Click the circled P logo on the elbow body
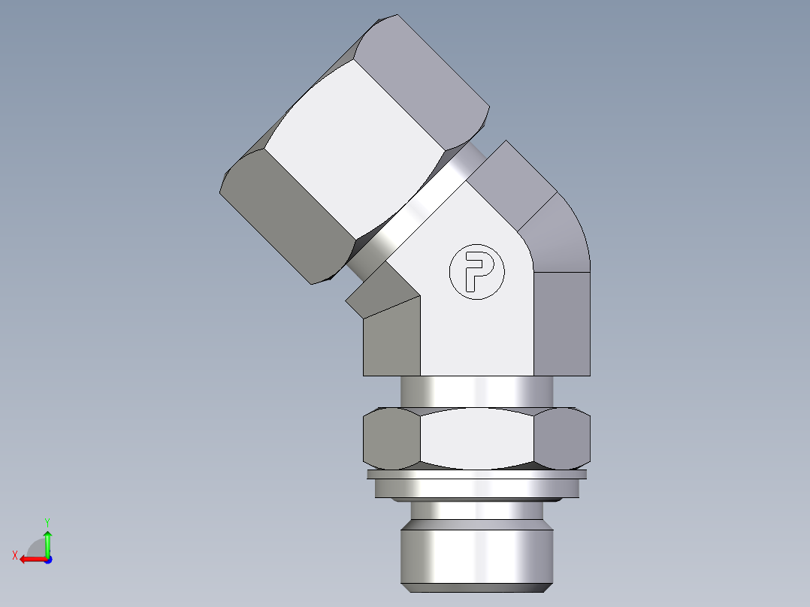477,271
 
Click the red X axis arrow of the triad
30,558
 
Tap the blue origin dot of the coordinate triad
47,559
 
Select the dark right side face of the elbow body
561,323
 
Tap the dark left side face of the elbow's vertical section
391,338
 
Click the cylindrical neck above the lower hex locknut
477,391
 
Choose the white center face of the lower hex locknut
477,439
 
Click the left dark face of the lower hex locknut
391,439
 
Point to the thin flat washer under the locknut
477,475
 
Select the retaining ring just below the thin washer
477,488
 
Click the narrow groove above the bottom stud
477,511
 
